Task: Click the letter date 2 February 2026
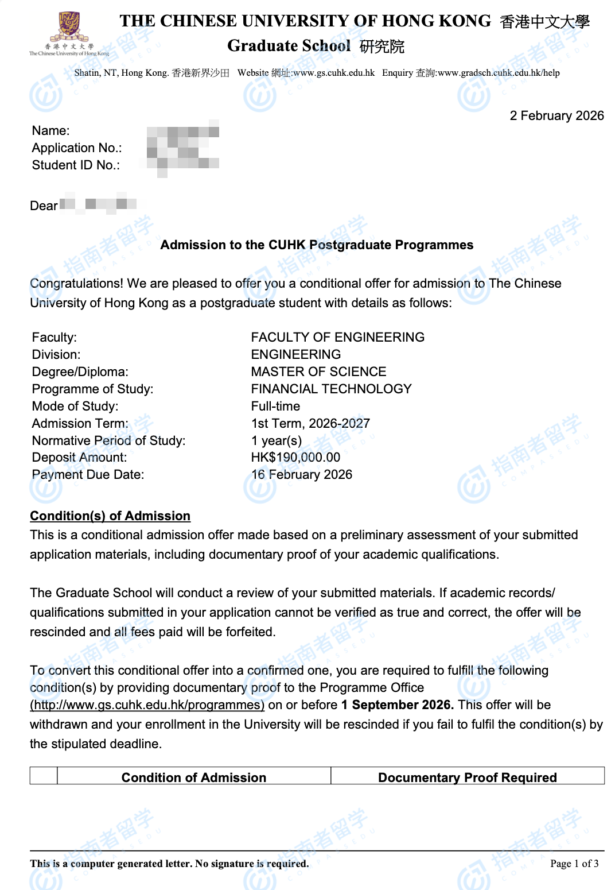coord(556,116)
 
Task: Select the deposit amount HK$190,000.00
coord(295,458)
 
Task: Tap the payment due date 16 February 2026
coord(302,475)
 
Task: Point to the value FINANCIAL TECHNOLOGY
coord(331,389)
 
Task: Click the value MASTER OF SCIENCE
coord(318,372)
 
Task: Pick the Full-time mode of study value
coord(275,407)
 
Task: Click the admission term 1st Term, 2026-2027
coord(310,424)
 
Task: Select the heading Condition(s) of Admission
coord(110,516)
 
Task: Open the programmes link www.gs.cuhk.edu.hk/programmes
coord(147,705)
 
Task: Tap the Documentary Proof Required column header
coord(467,777)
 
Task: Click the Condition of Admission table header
coord(194,777)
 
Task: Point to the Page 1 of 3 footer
coord(574,864)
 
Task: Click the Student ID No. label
coord(76,165)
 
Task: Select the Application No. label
coord(77,148)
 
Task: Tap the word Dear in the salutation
coord(44,206)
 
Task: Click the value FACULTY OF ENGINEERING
coord(337,338)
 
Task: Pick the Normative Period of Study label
coord(108,441)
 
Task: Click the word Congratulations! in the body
coord(76,284)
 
